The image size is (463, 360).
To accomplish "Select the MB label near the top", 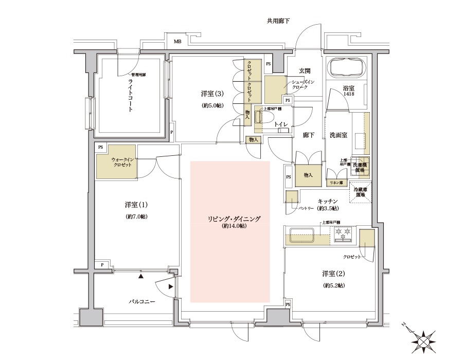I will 177,42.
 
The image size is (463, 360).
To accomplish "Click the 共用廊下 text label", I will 278,21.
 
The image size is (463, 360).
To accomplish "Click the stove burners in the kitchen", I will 343,235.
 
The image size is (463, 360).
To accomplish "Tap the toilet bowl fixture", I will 268,117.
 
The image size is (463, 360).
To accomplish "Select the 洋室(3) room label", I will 212,94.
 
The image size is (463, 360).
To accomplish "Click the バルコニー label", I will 142,301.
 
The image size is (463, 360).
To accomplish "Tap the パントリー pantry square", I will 292,197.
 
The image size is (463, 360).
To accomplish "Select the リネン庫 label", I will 337,183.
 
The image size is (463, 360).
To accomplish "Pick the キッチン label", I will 328,201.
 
